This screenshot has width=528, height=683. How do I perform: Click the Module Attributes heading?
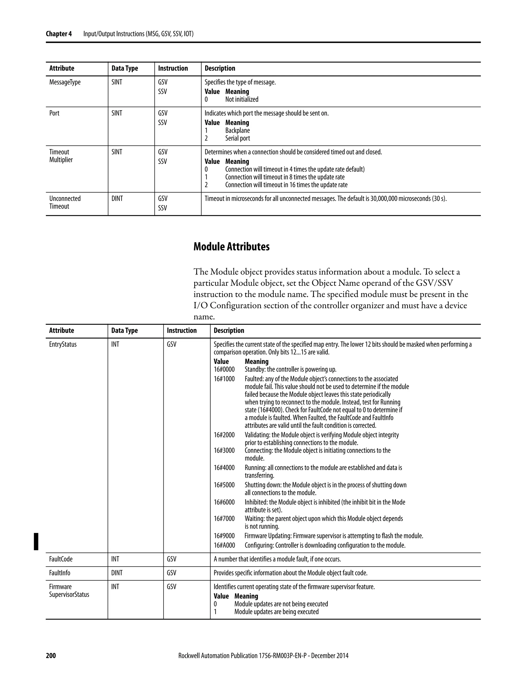pos(231,247)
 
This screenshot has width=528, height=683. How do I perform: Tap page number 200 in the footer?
pos(51,656)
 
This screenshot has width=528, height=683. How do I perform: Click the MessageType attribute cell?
pos(65,82)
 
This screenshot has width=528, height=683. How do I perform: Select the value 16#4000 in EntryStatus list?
pos(224,468)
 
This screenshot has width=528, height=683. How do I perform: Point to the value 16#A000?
pos(224,545)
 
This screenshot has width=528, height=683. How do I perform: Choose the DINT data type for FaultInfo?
pos(117,573)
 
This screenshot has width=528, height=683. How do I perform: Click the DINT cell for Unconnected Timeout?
pos(117,198)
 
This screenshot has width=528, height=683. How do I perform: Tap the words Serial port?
pos(237,138)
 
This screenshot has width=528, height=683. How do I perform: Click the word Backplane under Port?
pos(237,130)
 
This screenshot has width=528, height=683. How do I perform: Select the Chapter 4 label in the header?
pos(59,34)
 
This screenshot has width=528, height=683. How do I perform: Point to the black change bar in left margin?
pos(36,541)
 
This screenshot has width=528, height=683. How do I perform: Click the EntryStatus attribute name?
pos(63,344)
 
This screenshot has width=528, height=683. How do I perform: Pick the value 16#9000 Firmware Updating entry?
pos(224,536)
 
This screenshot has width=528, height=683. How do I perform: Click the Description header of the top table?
pos(220,69)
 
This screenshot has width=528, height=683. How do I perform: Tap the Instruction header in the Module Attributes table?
pos(181,331)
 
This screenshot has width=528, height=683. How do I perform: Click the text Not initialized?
pos(242,99)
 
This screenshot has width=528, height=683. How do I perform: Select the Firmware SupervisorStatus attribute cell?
pos(69,591)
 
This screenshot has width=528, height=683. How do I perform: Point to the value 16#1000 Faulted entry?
pos(224,379)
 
